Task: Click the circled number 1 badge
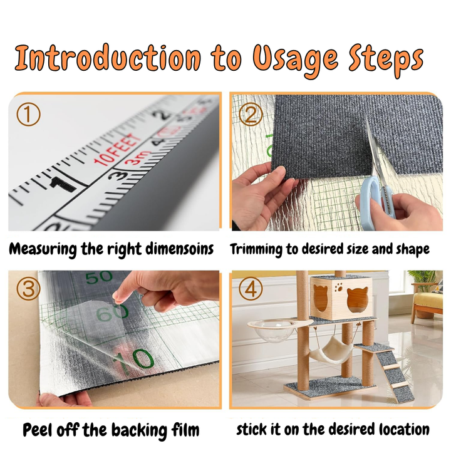28,114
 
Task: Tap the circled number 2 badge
251,114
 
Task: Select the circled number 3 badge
28,289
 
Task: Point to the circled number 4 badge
251,289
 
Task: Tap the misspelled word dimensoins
180,249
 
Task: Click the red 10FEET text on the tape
118,150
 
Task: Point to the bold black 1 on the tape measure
62,185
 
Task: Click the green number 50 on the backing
99,277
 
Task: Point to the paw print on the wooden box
339,287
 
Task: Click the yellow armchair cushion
427,300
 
